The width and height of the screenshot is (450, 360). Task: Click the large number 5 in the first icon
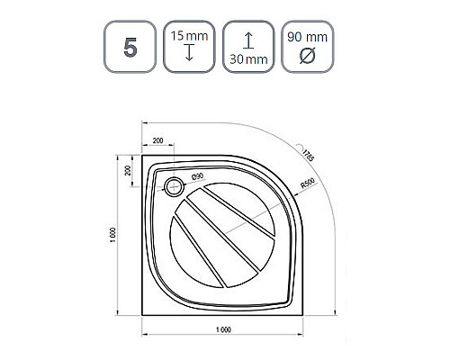(x=130, y=48)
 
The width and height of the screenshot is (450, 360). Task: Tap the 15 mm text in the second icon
(x=189, y=36)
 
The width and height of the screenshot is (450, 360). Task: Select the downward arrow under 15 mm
(x=189, y=52)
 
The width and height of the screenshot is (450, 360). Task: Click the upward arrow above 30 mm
(x=248, y=40)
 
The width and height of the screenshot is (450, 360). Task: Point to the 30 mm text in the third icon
(x=248, y=59)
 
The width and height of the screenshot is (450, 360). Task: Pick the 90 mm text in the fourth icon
(x=307, y=37)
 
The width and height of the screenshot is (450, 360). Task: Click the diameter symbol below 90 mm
(x=308, y=56)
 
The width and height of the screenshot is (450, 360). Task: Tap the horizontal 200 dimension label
(x=157, y=140)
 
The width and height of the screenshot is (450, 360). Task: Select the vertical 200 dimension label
(x=128, y=170)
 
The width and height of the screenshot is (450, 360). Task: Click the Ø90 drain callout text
(x=198, y=176)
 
